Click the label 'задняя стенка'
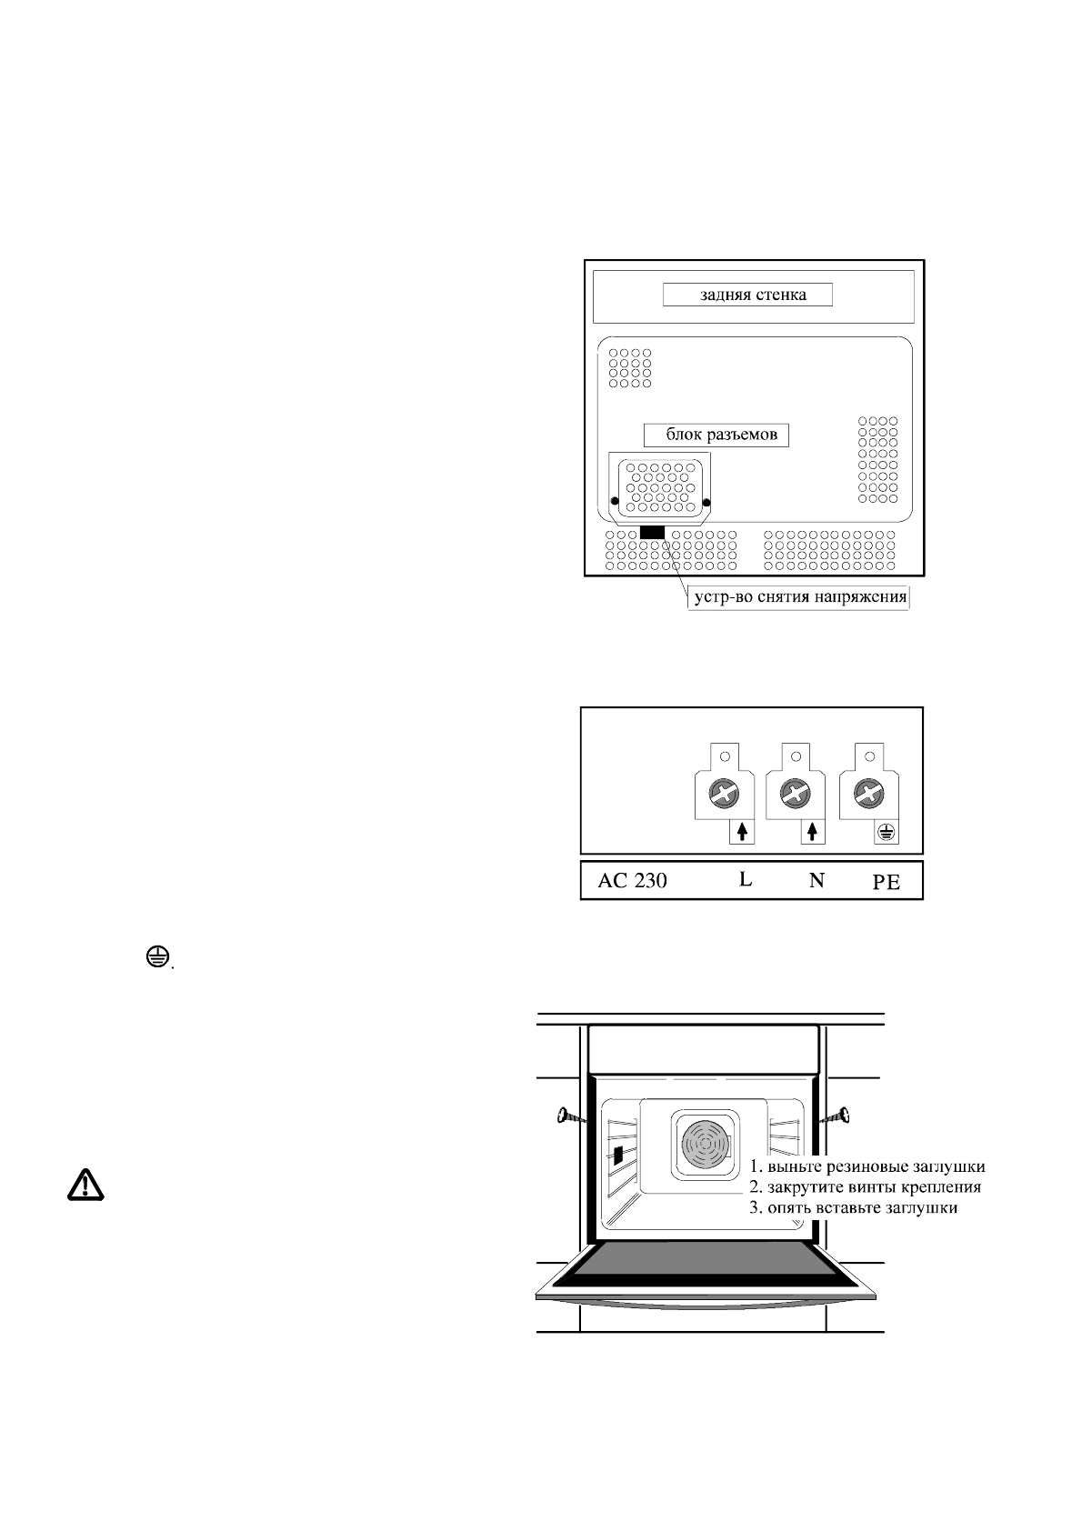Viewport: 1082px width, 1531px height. pyautogui.click(x=746, y=295)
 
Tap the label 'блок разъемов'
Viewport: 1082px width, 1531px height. pyautogui.click(x=716, y=435)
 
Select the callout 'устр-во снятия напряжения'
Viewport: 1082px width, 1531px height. pyautogui.click(x=796, y=597)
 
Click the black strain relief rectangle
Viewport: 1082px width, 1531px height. pyautogui.click(x=653, y=532)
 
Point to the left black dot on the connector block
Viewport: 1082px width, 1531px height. pyautogui.click(x=615, y=502)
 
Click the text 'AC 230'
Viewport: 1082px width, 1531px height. pyautogui.click(x=633, y=880)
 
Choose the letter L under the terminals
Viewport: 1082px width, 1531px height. pyautogui.click(x=745, y=879)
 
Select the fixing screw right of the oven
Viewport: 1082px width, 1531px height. pyautogui.click(x=838, y=1116)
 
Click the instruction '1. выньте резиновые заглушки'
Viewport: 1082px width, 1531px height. pyautogui.click(x=867, y=1166)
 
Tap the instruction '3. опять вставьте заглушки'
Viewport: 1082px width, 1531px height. pyautogui.click(x=853, y=1208)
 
